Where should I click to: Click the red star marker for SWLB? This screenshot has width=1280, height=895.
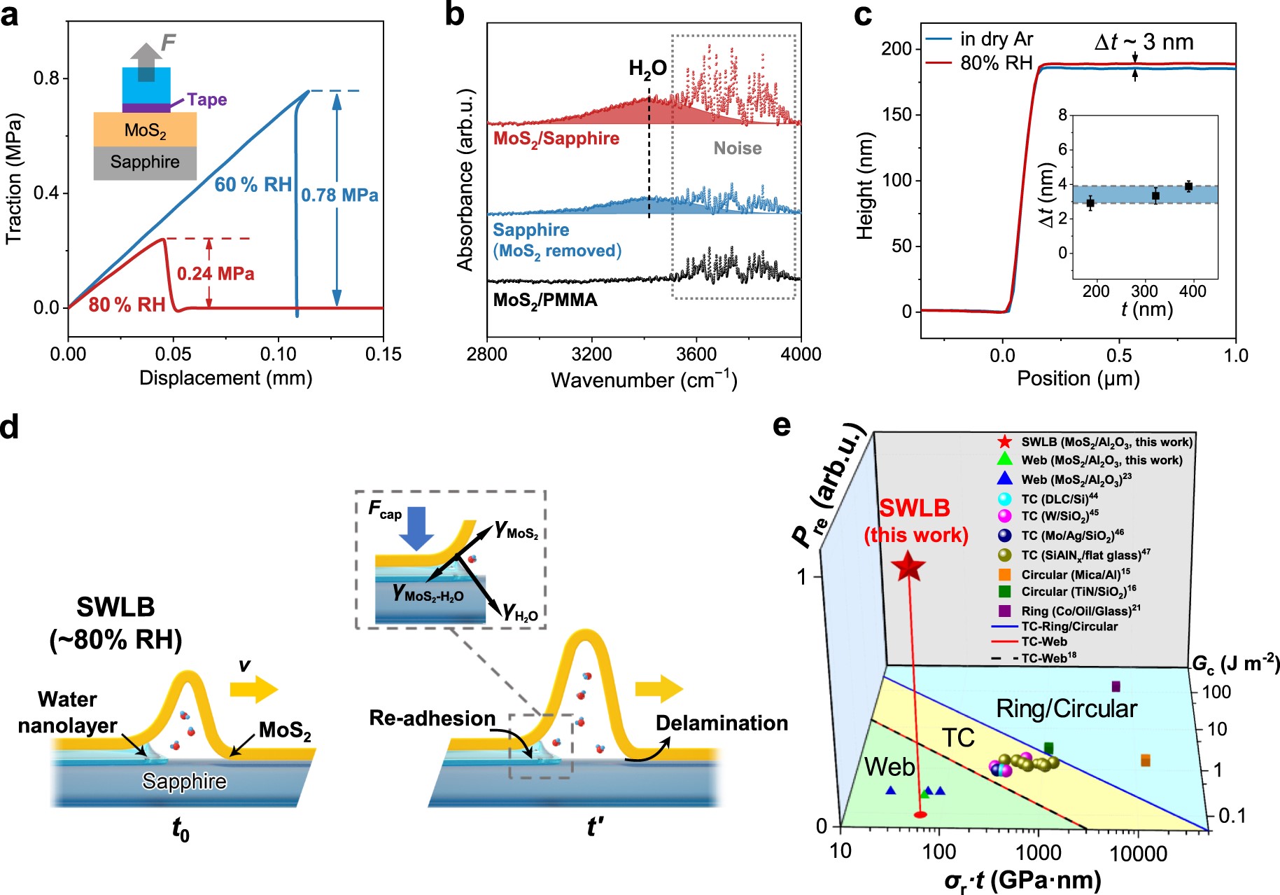(909, 567)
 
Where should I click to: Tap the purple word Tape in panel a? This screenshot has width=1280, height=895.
(206, 99)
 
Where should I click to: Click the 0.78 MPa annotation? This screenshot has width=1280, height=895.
(339, 195)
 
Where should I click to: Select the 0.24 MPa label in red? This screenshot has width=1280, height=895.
(216, 273)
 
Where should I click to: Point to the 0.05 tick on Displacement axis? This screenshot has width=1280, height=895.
(173, 354)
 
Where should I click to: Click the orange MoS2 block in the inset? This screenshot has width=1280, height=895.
(145, 130)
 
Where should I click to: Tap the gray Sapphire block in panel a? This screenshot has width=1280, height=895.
(145, 162)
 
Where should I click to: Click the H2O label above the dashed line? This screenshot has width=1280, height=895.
(647, 69)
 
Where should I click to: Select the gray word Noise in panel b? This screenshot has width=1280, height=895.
(737, 148)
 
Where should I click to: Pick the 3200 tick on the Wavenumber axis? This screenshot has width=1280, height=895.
(591, 354)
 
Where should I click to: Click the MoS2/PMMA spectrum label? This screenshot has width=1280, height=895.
(545, 300)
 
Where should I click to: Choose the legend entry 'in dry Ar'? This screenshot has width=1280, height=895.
(996, 39)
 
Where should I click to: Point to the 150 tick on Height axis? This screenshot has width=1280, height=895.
(896, 114)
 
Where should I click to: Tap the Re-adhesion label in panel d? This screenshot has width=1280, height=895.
(432, 719)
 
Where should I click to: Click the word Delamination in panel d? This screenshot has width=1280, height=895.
(722, 723)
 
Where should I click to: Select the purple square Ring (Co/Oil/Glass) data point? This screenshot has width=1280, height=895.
(1116, 686)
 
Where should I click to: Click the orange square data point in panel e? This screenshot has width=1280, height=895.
(1146, 761)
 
